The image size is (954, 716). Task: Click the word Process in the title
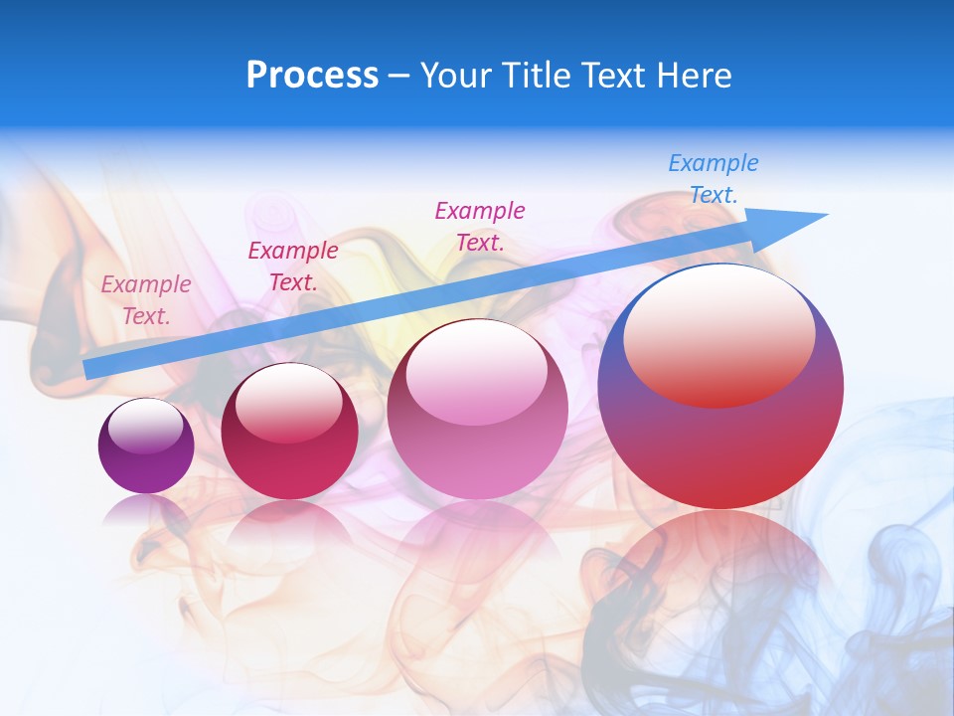(x=312, y=76)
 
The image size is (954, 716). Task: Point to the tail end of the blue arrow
(x=91, y=369)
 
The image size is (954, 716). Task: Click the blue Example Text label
(x=714, y=179)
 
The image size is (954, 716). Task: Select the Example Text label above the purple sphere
(x=146, y=300)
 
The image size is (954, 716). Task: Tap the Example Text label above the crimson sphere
(x=293, y=267)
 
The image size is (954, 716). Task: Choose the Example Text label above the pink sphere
(x=480, y=226)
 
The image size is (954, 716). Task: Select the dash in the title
(x=399, y=76)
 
